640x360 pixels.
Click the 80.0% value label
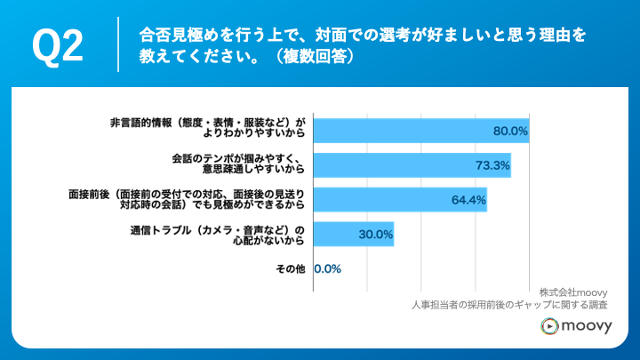[510, 131]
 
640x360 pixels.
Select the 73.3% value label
[492, 165]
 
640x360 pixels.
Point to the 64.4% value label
[468, 200]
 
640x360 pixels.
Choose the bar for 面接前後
[400, 200]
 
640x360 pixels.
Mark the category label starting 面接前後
[186, 200]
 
